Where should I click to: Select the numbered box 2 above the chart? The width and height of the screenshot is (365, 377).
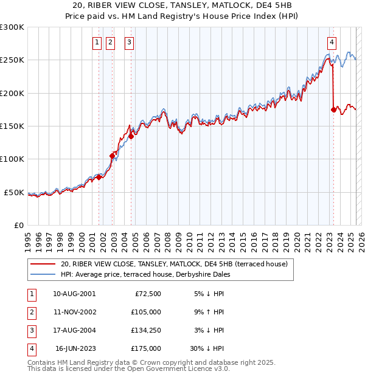(110, 43)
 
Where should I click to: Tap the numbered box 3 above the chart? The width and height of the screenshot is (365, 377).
(130, 43)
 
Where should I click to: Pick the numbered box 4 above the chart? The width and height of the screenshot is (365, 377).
(332, 43)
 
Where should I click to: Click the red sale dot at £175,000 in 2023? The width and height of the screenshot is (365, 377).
(333, 109)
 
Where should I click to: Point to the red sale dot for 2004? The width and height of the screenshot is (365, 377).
(131, 136)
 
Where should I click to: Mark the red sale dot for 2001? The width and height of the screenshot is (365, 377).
(99, 178)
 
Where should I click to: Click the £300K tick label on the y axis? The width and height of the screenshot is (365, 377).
(12, 27)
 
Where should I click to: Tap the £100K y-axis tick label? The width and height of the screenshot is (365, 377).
(12, 159)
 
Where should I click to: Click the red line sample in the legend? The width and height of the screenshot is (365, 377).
(43, 264)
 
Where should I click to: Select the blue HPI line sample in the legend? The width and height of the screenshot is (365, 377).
(43, 274)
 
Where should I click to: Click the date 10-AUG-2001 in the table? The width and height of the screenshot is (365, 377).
(74, 294)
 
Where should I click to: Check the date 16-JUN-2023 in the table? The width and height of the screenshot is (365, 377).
(75, 348)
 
